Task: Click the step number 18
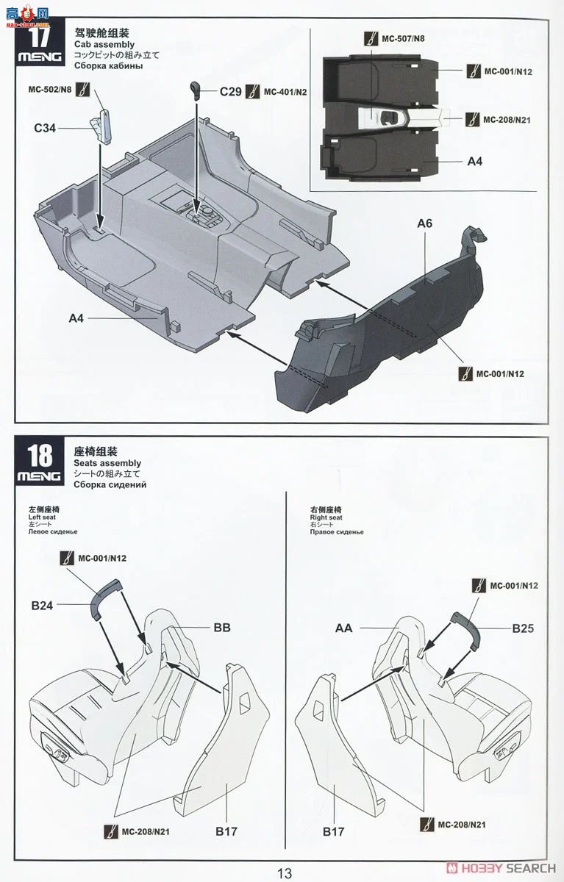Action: click(40, 455)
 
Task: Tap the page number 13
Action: click(285, 873)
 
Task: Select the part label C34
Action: click(45, 128)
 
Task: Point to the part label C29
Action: click(230, 92)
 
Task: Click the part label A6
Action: click(424, 223)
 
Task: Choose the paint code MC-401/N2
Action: click(285, 92)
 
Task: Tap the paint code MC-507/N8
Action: click(403, 38)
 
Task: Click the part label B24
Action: click(43, 606)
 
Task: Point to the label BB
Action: click(222, 628)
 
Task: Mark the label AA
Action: click(344, 628)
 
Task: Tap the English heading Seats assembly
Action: click(107, 463)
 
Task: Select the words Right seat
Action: click(326, 517)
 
